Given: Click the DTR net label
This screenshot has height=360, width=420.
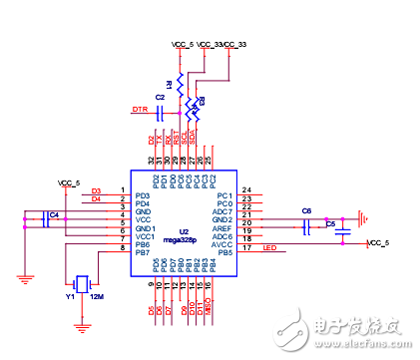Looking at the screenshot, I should click(x=141, y=109).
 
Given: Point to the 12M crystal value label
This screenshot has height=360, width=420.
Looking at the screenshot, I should click(x=97, y=297).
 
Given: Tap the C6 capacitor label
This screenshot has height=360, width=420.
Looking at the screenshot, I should click(x=306, y=210).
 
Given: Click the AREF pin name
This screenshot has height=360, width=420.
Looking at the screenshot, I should click(x=224, y=228).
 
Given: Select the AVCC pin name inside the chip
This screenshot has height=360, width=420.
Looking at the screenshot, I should click(x=224, y=244).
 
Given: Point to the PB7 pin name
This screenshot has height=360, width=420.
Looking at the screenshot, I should click(x=143, y=252).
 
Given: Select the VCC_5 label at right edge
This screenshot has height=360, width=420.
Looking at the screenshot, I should click(x=380, y=243).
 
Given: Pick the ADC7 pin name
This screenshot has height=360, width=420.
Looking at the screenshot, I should click(x=224, y=211).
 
